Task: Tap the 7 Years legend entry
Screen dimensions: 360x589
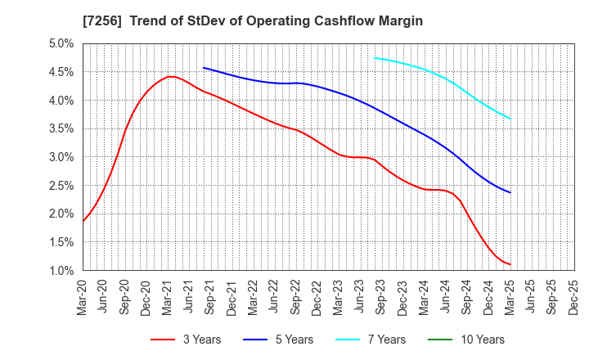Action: [375, 340]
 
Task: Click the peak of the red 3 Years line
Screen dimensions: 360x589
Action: [169, 77]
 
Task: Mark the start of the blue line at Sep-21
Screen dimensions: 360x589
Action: [203, 68]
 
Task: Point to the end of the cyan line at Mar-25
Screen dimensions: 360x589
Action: [511, 119]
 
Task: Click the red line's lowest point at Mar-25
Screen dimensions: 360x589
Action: [511, 264]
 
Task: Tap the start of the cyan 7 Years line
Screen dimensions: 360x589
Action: [374, 57]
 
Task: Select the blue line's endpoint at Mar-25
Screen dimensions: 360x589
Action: [511, 193]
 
